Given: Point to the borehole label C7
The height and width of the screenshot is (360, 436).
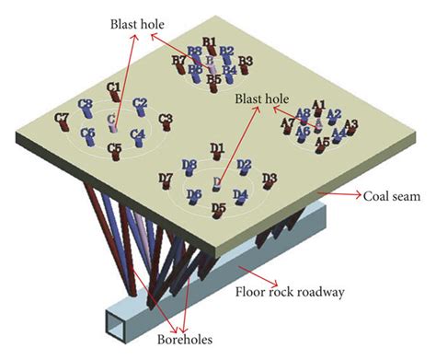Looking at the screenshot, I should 63,117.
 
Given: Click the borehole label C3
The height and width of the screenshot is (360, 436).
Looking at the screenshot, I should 166,118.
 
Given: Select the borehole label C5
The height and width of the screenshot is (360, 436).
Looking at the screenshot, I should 115,147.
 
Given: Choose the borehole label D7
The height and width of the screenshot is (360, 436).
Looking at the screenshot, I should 166,178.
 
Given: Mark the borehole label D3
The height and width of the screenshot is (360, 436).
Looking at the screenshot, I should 270,177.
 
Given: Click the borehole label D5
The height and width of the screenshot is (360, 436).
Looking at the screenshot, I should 218,208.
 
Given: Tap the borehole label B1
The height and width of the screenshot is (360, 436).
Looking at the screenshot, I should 209,41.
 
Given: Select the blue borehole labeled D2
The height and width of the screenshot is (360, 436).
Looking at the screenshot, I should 244,166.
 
